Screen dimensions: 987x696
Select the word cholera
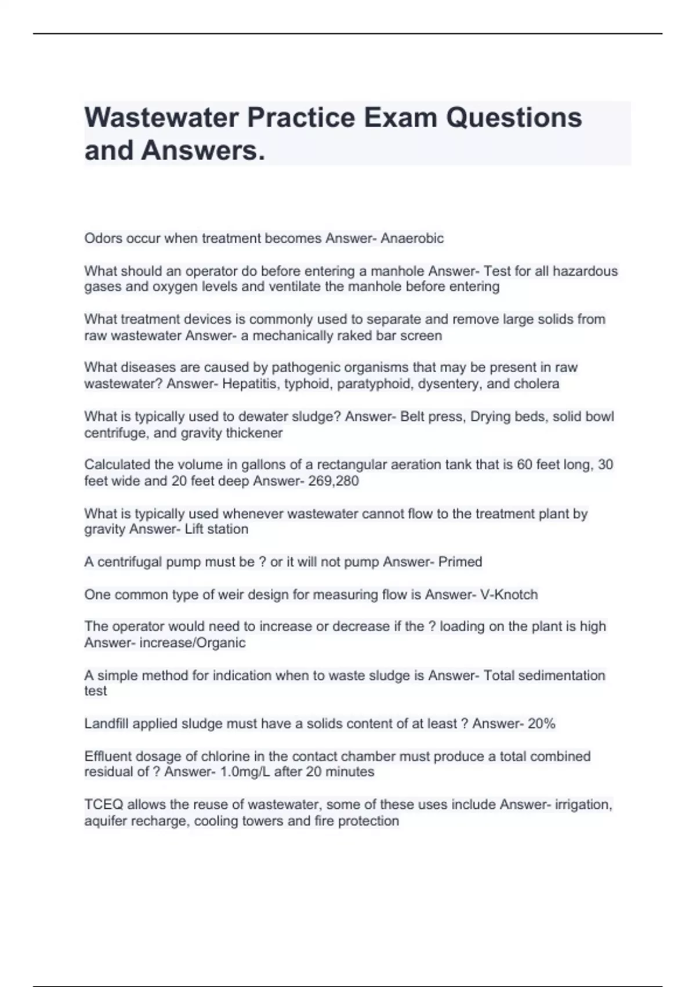click(x=536, y=384)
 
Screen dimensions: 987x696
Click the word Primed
click(x=460, y=561)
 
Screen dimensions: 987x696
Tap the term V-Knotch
click(x=509, y=595)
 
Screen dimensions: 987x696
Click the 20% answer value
click(x=541, y=723)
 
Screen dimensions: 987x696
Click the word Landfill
click(x=104, y=723)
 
